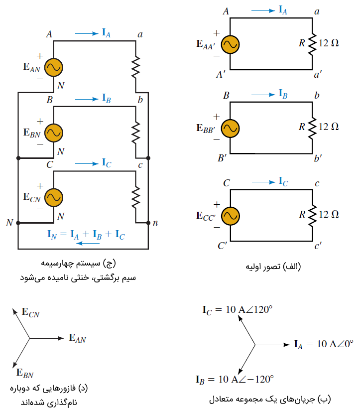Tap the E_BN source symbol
pyautogui.click(x=53, y=133)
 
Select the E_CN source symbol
pyautogui.click(x=53, y=197)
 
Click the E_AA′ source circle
pyautogui.click(x=230, y=44)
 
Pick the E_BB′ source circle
pyautogui.click(x=230, y=128)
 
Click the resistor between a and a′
pyautogui.click(x=312, y=44)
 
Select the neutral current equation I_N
pyautogui.click(x=86, y=233)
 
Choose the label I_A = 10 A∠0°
pyautogui.click(x=323, y=344)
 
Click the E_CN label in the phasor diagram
pyautogui.click(x=30, y=313)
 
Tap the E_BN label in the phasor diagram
pyautogui.click(x=25, y=373)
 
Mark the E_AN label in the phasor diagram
pyautogui.click(x=77, y=339)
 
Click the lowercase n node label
pyautogui.click(x=155, y=223)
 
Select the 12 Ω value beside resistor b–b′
pyautogui.click(x=329, y=127)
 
